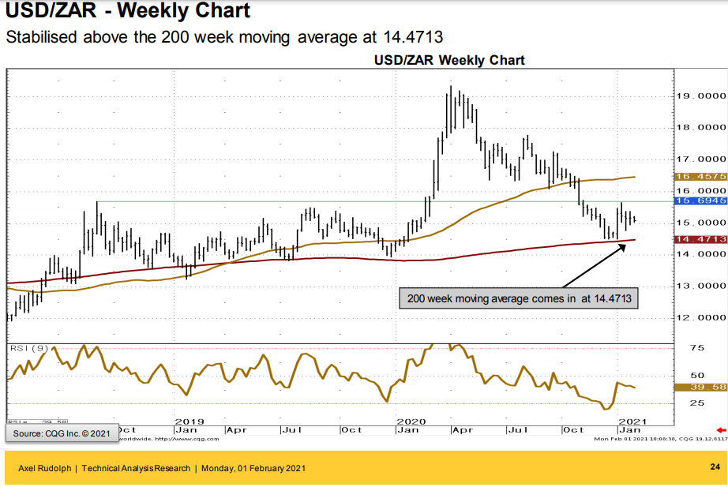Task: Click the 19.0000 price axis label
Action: [x=701, y=96]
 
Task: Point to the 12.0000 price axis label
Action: [x=701, y=318]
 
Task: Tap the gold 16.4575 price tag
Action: [x=700, y=178]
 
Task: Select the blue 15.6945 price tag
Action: [x=700, y=202]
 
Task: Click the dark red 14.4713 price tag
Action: [x=700, y=238]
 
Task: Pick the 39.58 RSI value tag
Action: [x=700, y=387]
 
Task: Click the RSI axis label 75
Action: [x=696, y=347]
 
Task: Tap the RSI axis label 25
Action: [x=696, y=403]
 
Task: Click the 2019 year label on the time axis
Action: [x=189, y=421]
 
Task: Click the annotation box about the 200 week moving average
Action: [x=518, y=299]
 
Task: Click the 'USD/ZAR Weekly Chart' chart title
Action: [x=449, y=60]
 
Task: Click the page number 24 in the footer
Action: [x=715, y=467]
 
